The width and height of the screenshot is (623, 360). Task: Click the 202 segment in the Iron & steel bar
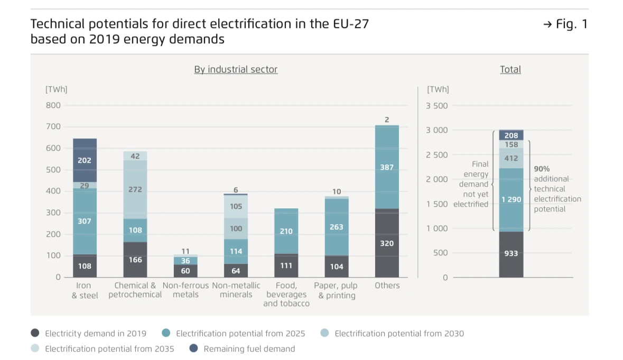pyautogui.click(x=85, y=160)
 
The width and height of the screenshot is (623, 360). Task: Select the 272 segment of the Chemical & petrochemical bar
pyautogui.click(x=135, y=189)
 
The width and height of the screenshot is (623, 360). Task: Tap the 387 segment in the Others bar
pyautogui.click(x=387, y=167)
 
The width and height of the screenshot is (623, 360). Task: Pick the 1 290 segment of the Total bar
pyautogui.click(x=511, y=199)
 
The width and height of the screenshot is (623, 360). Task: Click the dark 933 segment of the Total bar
pyautogui.click(x=511, y=254)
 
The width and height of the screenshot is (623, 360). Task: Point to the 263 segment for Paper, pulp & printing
pyautogui.click(x=337, y=227)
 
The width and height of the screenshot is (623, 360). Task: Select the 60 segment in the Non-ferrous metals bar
pyautogui.click(x=185, y=271)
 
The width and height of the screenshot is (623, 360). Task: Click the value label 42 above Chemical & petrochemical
pyautogui.click(x=135, y=156)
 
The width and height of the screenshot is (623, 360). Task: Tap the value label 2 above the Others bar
pyautogui.click(x=387, y=120)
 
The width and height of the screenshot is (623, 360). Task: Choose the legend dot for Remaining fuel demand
pyautogui.click(x=193, y=348)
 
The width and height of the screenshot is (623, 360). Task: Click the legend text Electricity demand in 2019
pyautogui.click(x=96, y=334)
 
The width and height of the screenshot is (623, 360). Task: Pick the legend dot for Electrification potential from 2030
pyautogui.click(x=324, y=333)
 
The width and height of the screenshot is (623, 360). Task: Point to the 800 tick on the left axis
pyautogui.click(x=54, y=105)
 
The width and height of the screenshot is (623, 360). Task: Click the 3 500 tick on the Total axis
pyautogui.click(x=436, y=106)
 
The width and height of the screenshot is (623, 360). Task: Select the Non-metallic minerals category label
pyautogui.click(x=236, y=290)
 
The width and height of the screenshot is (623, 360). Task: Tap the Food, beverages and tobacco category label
pyautogui.click(x=286, y=294)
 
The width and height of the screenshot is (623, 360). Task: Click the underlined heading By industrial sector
pyautogui.click(x=236, y=69)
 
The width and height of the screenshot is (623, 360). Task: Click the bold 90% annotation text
pyautogui.click(x=542, y=169)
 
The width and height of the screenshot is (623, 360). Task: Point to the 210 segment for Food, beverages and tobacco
pyautogui.click(x=286, y=231)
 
